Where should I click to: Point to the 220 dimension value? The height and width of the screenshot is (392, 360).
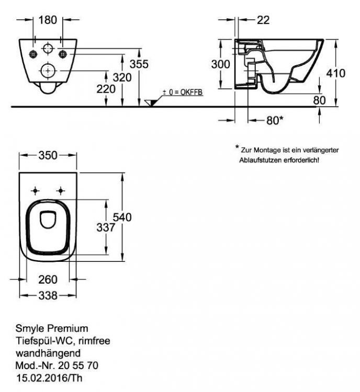click(x=106, y=89)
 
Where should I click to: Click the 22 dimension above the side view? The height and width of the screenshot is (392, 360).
click(x=264, y=20)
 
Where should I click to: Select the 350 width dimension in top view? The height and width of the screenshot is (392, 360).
click(x=49, y=155)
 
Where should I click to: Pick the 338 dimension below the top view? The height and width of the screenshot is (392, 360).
click(x=48, y=295)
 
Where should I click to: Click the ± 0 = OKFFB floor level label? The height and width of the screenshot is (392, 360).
click(x=183, y=92)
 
